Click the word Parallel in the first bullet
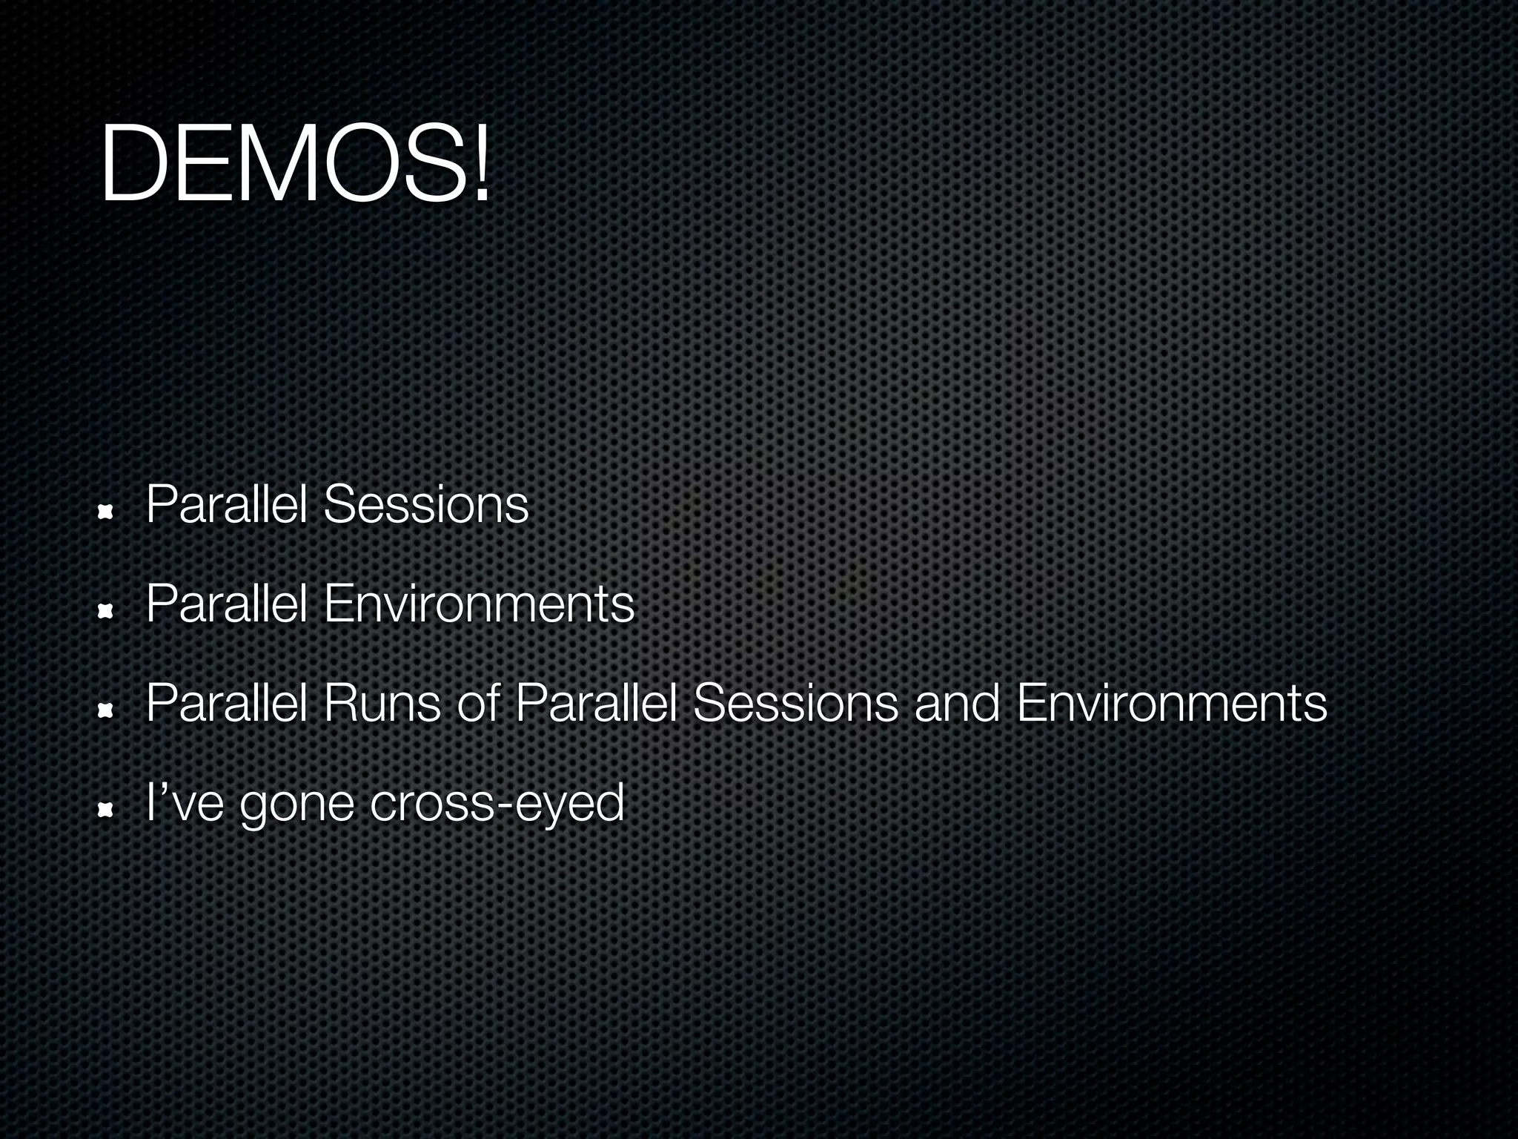[226, 505]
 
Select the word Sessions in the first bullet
[426, 505]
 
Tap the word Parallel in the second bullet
[226, 604]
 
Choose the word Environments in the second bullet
[479, 604]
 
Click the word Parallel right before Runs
[226, 703]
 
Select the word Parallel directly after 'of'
[595, 703]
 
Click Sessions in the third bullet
[795, 703]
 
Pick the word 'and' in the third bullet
[957, 703]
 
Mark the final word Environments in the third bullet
[1172, 703]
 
